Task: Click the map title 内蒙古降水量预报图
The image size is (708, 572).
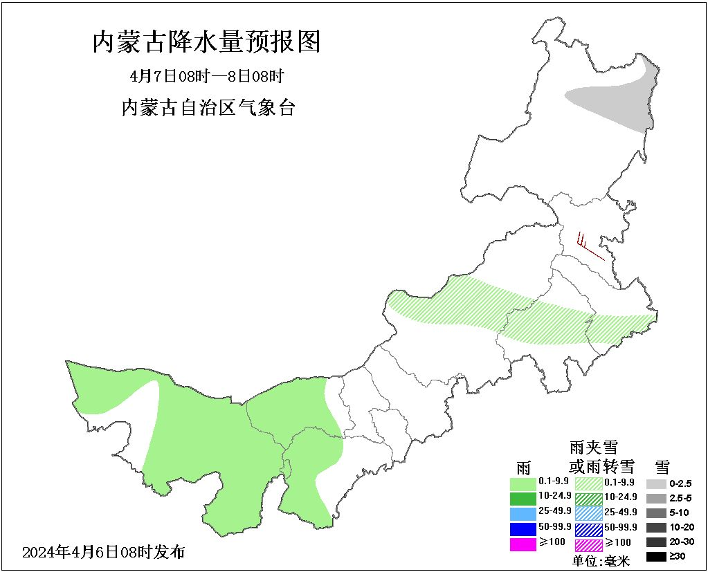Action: pyautogui.click(x=206, y=43)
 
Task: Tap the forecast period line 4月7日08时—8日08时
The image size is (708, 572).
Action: pyautogui.click(x=207, y=76)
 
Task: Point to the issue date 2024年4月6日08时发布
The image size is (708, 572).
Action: pyautogui.click(x=104, y=552)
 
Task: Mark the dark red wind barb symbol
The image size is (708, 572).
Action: pyautogui.click(x=588, y=246)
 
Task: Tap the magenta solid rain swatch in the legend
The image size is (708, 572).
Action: pyautogui.click(x=523, y=544)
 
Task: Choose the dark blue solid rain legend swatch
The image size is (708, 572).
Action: pyautogui.click(x=523, y=528)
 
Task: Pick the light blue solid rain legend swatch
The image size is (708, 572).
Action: pyautogui.click(x=523, y=513)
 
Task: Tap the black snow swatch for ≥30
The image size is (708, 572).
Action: pyautogui.click(x=657, y=556)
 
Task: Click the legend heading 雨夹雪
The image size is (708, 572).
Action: pyautogui.click(x=593, y=448)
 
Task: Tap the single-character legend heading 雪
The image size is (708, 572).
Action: pyautogui.click(x=662, y=465)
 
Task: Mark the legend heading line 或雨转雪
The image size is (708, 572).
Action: pyautogui.click(x=601, y=465)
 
